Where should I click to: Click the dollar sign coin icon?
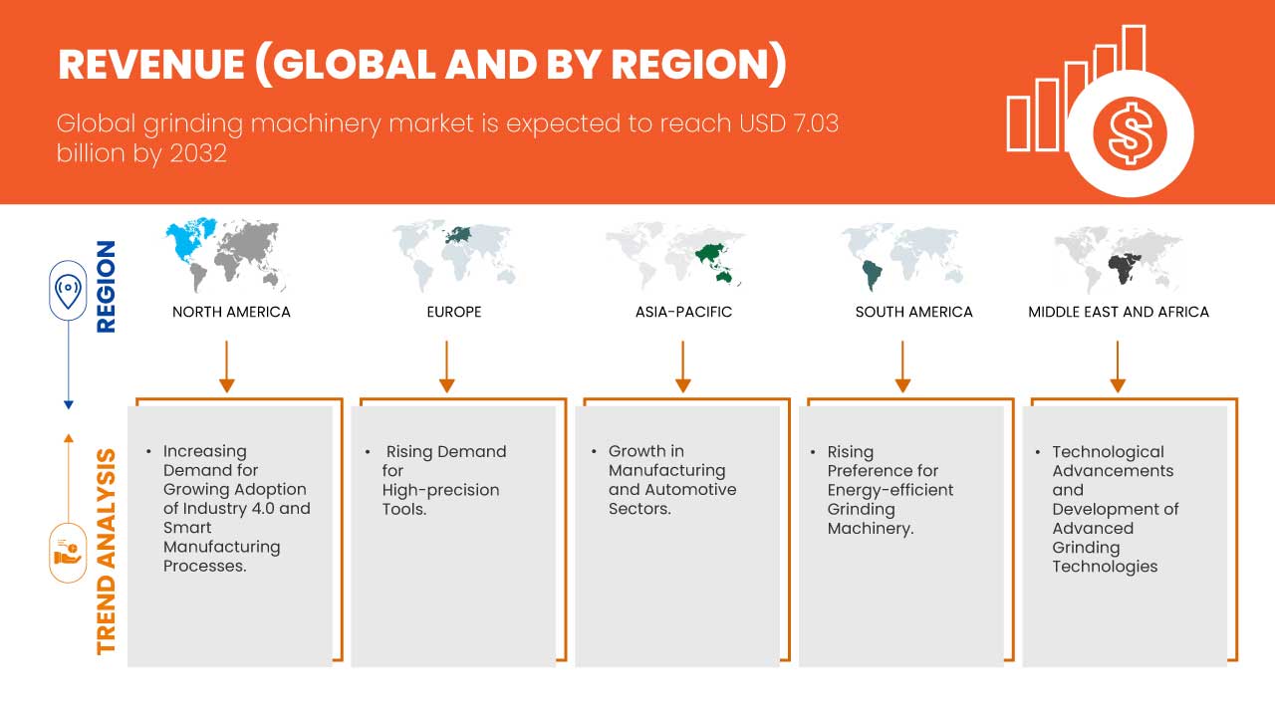pyautogui.click(x=1130, y=133)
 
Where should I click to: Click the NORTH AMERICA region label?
pyautogui.click(x=231, y=312)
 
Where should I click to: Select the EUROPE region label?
pyautogui.click(x=453, y=312)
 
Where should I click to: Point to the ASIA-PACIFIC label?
pyautogui.click(x=683, y=312)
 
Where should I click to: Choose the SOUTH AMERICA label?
pyautogui.click(x=913, y=312)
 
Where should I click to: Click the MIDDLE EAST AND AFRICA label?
pyautogui.click(x=1119, y=312)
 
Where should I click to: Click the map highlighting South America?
pyautogui.click(x=903, y=255)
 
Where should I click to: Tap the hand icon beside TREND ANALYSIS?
pyautogui.click(x=68, y=553)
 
